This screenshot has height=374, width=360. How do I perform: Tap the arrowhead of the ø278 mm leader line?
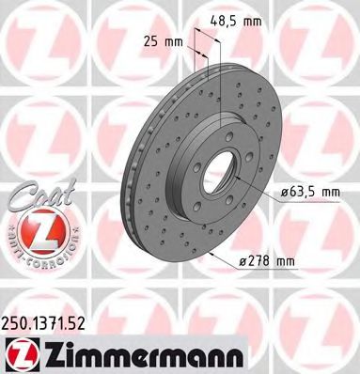click(212, 251)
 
